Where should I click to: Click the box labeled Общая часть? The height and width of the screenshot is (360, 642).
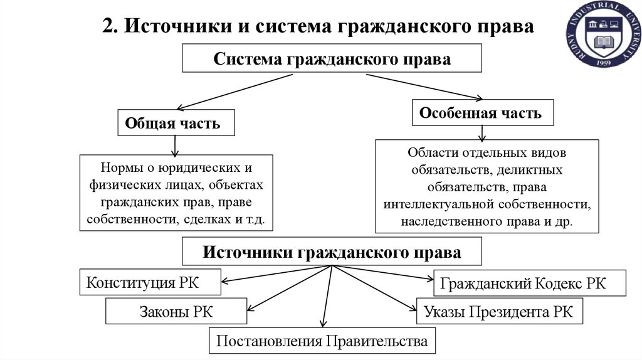point(176,123)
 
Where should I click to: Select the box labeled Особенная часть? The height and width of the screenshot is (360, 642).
point(482,114)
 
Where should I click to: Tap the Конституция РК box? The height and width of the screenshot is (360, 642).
point(150,282)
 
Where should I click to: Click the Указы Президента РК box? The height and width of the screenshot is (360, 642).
point(498,311)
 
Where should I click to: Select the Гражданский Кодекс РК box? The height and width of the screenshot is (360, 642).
point(530,283)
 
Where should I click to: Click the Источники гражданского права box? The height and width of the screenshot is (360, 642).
point(332,252)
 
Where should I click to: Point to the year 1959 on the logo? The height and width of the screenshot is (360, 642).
point(604,63)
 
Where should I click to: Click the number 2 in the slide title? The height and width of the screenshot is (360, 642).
point(107,27)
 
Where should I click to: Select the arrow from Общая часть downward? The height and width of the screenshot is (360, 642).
point(176,145)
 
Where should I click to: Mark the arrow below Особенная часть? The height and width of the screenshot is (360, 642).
point(481,132)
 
